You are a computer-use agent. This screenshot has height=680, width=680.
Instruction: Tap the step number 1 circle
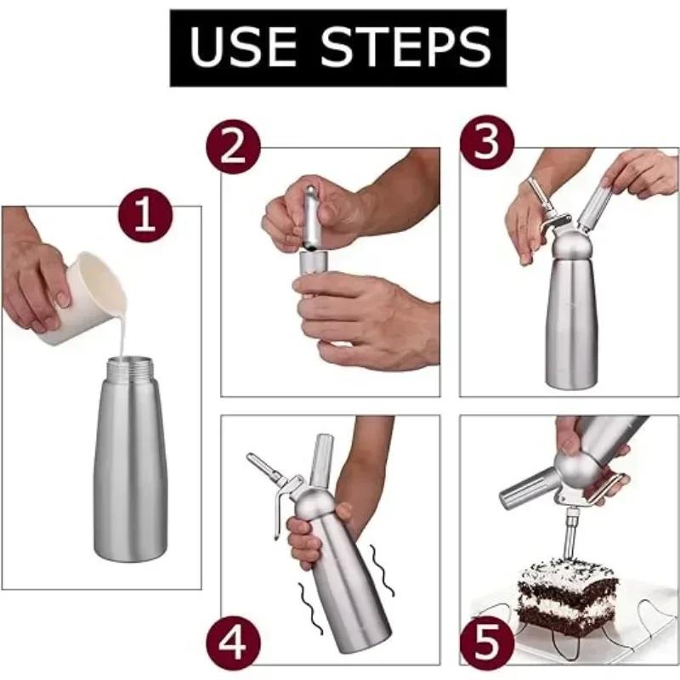[x=145, y=216]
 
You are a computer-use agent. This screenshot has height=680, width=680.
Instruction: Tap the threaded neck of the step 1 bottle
[x=132, y=371]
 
